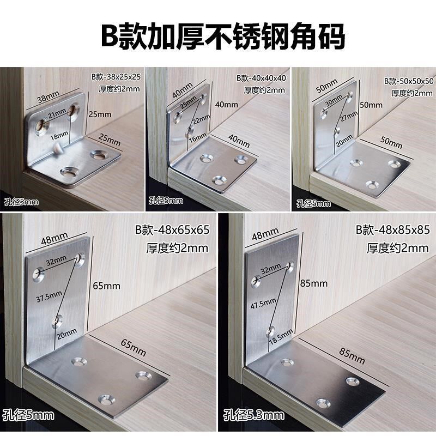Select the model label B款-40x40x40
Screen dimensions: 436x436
[261, 78]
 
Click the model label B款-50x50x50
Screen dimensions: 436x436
[408, 81]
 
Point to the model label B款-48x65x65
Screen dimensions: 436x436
[172, 230]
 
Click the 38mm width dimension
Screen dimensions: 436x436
[49, 99]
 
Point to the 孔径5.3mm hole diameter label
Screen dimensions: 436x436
[254, 416]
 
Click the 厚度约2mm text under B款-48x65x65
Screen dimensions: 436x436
[177, 248]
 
